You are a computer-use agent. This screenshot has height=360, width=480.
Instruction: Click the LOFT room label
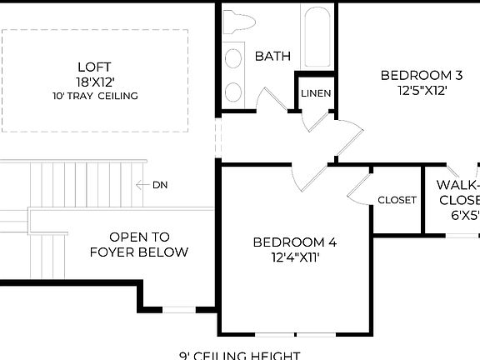(93, 67)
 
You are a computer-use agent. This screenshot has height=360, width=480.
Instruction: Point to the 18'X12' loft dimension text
(93, 82)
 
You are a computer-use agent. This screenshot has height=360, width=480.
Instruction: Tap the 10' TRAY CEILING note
(93, 96)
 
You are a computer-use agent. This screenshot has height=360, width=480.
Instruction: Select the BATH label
(272, 57)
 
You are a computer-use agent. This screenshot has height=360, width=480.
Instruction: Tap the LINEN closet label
(317, 92)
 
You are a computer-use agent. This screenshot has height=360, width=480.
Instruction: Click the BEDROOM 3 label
(421, 76)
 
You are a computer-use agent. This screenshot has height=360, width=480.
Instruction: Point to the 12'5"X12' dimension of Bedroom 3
(421, 91)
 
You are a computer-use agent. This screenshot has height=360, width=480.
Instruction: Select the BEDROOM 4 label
(295, 242)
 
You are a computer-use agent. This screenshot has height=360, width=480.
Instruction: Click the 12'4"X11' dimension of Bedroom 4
(295, 258)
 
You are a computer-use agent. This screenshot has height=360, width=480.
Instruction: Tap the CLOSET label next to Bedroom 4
(397, 200)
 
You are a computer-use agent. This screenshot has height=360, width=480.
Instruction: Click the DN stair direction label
(159, 185)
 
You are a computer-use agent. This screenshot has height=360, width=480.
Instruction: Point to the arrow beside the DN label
(142, 185)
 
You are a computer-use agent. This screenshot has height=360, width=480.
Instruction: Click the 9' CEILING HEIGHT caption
(240, 355)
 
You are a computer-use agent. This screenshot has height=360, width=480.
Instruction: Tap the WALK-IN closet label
(458, 185)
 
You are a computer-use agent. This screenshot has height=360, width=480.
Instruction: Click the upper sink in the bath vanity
(235, 57)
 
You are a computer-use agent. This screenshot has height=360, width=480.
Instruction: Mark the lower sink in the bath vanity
(235, 91)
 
